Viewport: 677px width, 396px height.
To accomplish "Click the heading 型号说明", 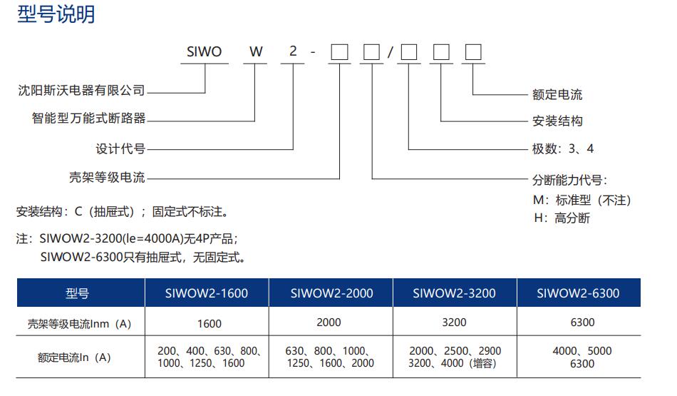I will [x=56, y=14].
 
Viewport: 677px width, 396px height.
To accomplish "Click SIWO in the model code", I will [x=204, y=52].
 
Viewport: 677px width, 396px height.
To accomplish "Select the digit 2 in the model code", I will [x=293, y=52].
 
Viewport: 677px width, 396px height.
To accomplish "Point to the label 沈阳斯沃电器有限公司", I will [x=81, y=91].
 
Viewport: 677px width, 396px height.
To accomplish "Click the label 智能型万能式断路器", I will [x=88, y=118].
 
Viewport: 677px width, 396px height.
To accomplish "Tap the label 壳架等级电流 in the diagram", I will [x=107, y=178].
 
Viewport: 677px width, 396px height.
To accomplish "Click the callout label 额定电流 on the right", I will [x=557, y=94].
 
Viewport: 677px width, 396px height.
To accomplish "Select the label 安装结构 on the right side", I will [x=557, y=121].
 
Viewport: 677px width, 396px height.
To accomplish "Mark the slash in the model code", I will [x=390, y=53].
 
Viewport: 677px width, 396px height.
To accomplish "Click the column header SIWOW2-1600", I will [x=207, y=293].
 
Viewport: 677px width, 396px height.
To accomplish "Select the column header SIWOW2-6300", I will [x=578, y=293].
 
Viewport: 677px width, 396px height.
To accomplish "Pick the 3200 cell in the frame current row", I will [x=454, y=323].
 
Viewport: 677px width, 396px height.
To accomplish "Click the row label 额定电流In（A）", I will [x=74, y=357].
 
